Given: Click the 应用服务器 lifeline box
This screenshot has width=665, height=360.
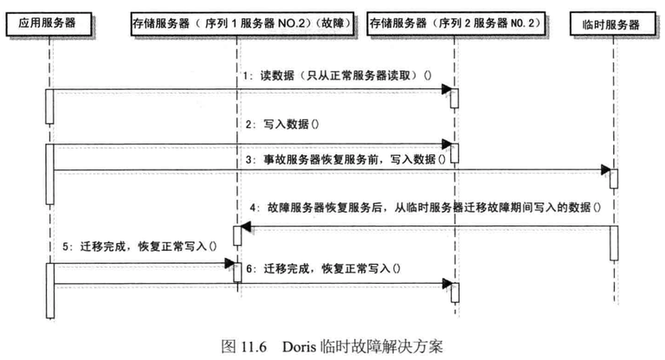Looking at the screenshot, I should [x=48, y=24].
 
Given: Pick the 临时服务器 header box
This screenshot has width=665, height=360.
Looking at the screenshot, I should [x=612, y=24].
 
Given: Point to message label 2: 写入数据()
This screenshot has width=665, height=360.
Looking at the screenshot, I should [x=281, y=125].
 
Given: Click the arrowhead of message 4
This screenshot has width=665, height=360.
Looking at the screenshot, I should [x=244, y=228].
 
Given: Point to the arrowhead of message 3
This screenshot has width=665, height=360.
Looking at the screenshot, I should [x=605, y=170].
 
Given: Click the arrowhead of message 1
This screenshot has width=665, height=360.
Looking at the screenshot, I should [x=446, y=88].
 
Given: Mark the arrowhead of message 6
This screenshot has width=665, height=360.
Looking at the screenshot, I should [x=446, y=281].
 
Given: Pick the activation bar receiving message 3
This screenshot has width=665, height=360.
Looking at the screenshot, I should [x=613, y=178].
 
